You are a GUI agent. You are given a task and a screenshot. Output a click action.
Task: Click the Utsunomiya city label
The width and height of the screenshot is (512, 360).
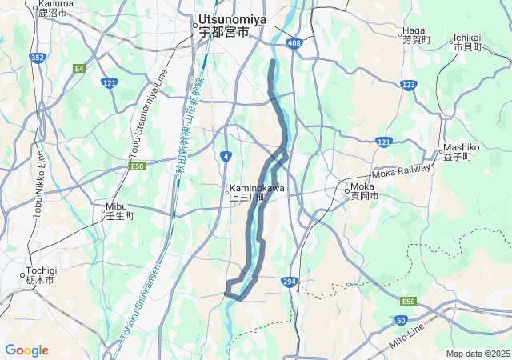click(x=224, y=25)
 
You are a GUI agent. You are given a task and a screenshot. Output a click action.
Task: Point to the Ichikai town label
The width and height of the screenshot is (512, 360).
click(x=467, y=42)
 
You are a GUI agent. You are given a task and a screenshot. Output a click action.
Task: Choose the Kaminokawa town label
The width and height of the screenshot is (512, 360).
click(x=257, y=193)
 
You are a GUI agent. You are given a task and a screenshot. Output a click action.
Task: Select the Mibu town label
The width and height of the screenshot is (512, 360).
click(x=120, y=210)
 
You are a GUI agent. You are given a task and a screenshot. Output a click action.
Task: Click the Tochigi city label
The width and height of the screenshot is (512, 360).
click(x=38, y=276)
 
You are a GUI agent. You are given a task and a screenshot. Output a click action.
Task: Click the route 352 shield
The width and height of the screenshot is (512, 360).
click(x=37, y=57)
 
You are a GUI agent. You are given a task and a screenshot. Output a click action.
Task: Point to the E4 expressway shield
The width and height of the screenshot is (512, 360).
click(x=79, y=68)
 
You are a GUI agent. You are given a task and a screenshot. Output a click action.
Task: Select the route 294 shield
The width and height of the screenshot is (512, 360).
click(x=290, y=282)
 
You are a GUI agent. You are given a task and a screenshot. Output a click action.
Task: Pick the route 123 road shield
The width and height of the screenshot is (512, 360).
click(x=409, y=84)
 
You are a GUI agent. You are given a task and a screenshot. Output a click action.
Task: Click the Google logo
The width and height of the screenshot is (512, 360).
click(x=26, y=350)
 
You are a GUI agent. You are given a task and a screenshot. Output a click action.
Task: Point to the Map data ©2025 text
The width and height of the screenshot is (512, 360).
click(x=477, y=354)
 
